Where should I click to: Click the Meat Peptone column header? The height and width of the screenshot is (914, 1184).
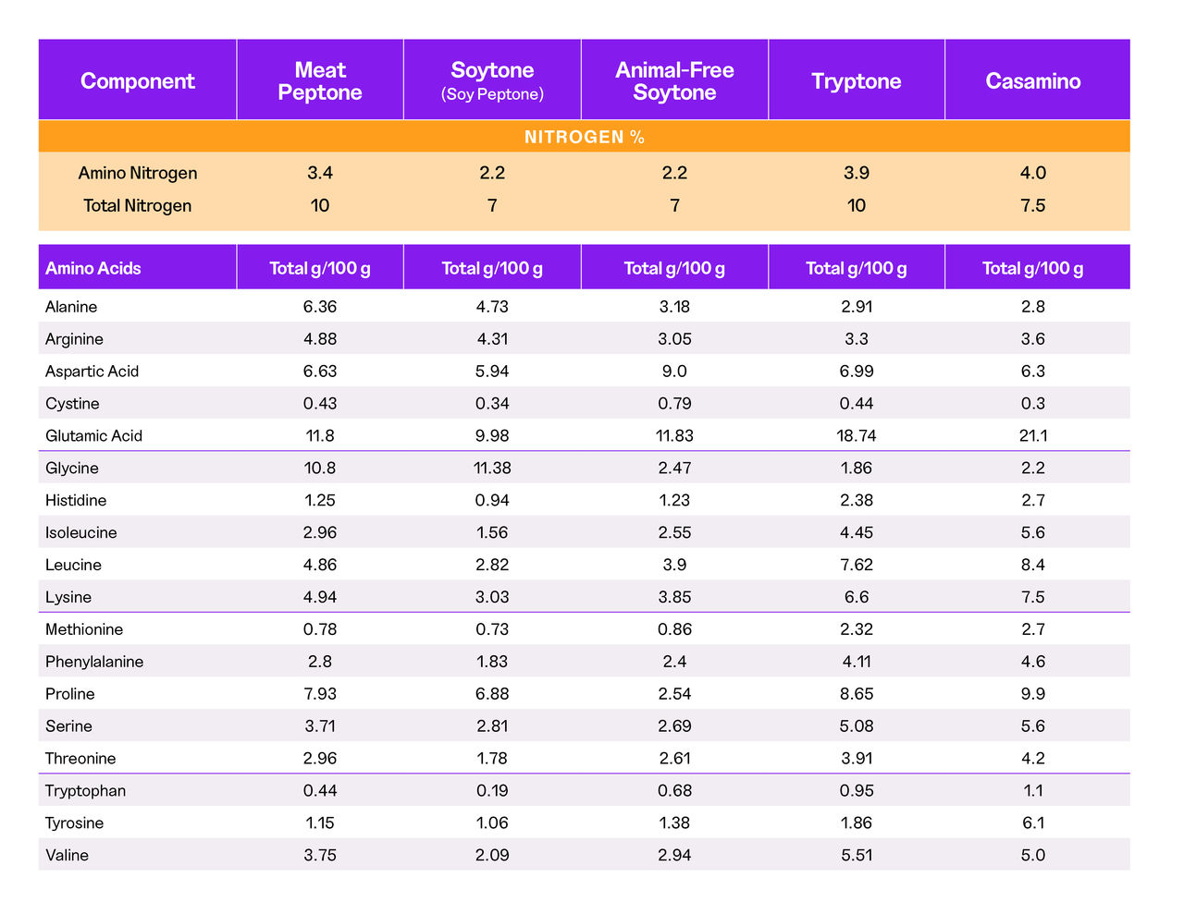pos(320,81)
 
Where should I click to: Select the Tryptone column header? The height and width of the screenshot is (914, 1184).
pos(856,81)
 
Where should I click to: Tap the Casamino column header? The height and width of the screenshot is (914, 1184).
pos(1032,81)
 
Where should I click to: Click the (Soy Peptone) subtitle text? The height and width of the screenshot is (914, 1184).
pos(492,94)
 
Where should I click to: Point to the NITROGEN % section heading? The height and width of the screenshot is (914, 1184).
pos(584,137)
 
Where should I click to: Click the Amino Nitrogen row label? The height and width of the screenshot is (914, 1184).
pos(137,173)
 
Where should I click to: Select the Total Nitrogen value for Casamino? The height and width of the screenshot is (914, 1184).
pos(1032,205)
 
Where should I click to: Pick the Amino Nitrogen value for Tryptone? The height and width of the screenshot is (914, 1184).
pos(856,173)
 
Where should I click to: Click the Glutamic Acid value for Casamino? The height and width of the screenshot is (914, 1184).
pos(1032,435)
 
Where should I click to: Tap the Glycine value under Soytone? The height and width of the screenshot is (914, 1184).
pos(492,468)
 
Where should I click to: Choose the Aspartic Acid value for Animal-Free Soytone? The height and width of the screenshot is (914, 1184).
pos(674,371)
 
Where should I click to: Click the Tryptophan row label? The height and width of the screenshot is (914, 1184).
pos(85,790)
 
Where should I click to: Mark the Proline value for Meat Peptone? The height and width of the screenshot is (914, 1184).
pos(320,693)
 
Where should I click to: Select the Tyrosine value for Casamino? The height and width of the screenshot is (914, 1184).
pos(1032,823)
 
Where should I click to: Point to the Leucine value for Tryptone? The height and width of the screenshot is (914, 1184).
pos(856,565)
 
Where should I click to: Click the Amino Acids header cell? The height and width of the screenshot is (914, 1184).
pos(93,268)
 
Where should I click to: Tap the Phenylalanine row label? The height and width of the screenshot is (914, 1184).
pos(94,661)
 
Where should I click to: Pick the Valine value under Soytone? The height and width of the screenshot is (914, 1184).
pos(492,855)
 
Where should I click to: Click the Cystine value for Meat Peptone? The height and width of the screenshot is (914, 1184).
pos(320,403)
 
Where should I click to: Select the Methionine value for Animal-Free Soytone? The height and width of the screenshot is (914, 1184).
pos(674,628)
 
